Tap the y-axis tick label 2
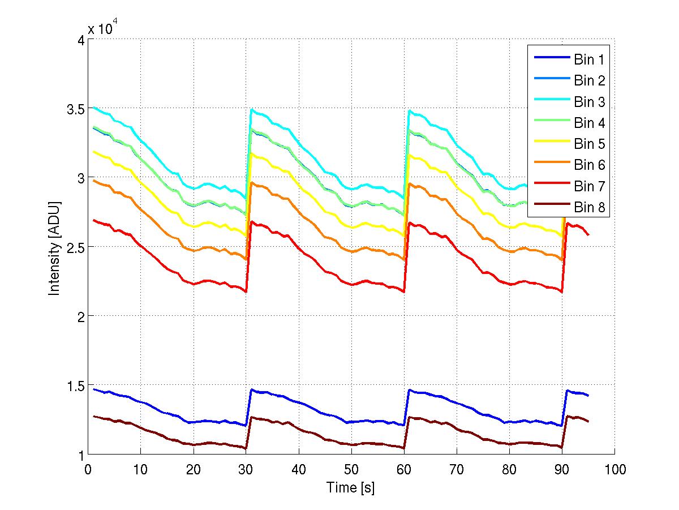79,316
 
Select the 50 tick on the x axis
351,469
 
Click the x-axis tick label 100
614,469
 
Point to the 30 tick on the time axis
246,469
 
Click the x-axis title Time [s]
351,487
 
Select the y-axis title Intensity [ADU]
54,247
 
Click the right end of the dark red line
588,421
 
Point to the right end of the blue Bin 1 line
588,395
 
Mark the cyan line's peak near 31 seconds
251,109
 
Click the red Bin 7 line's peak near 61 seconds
409,223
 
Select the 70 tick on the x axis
457,469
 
